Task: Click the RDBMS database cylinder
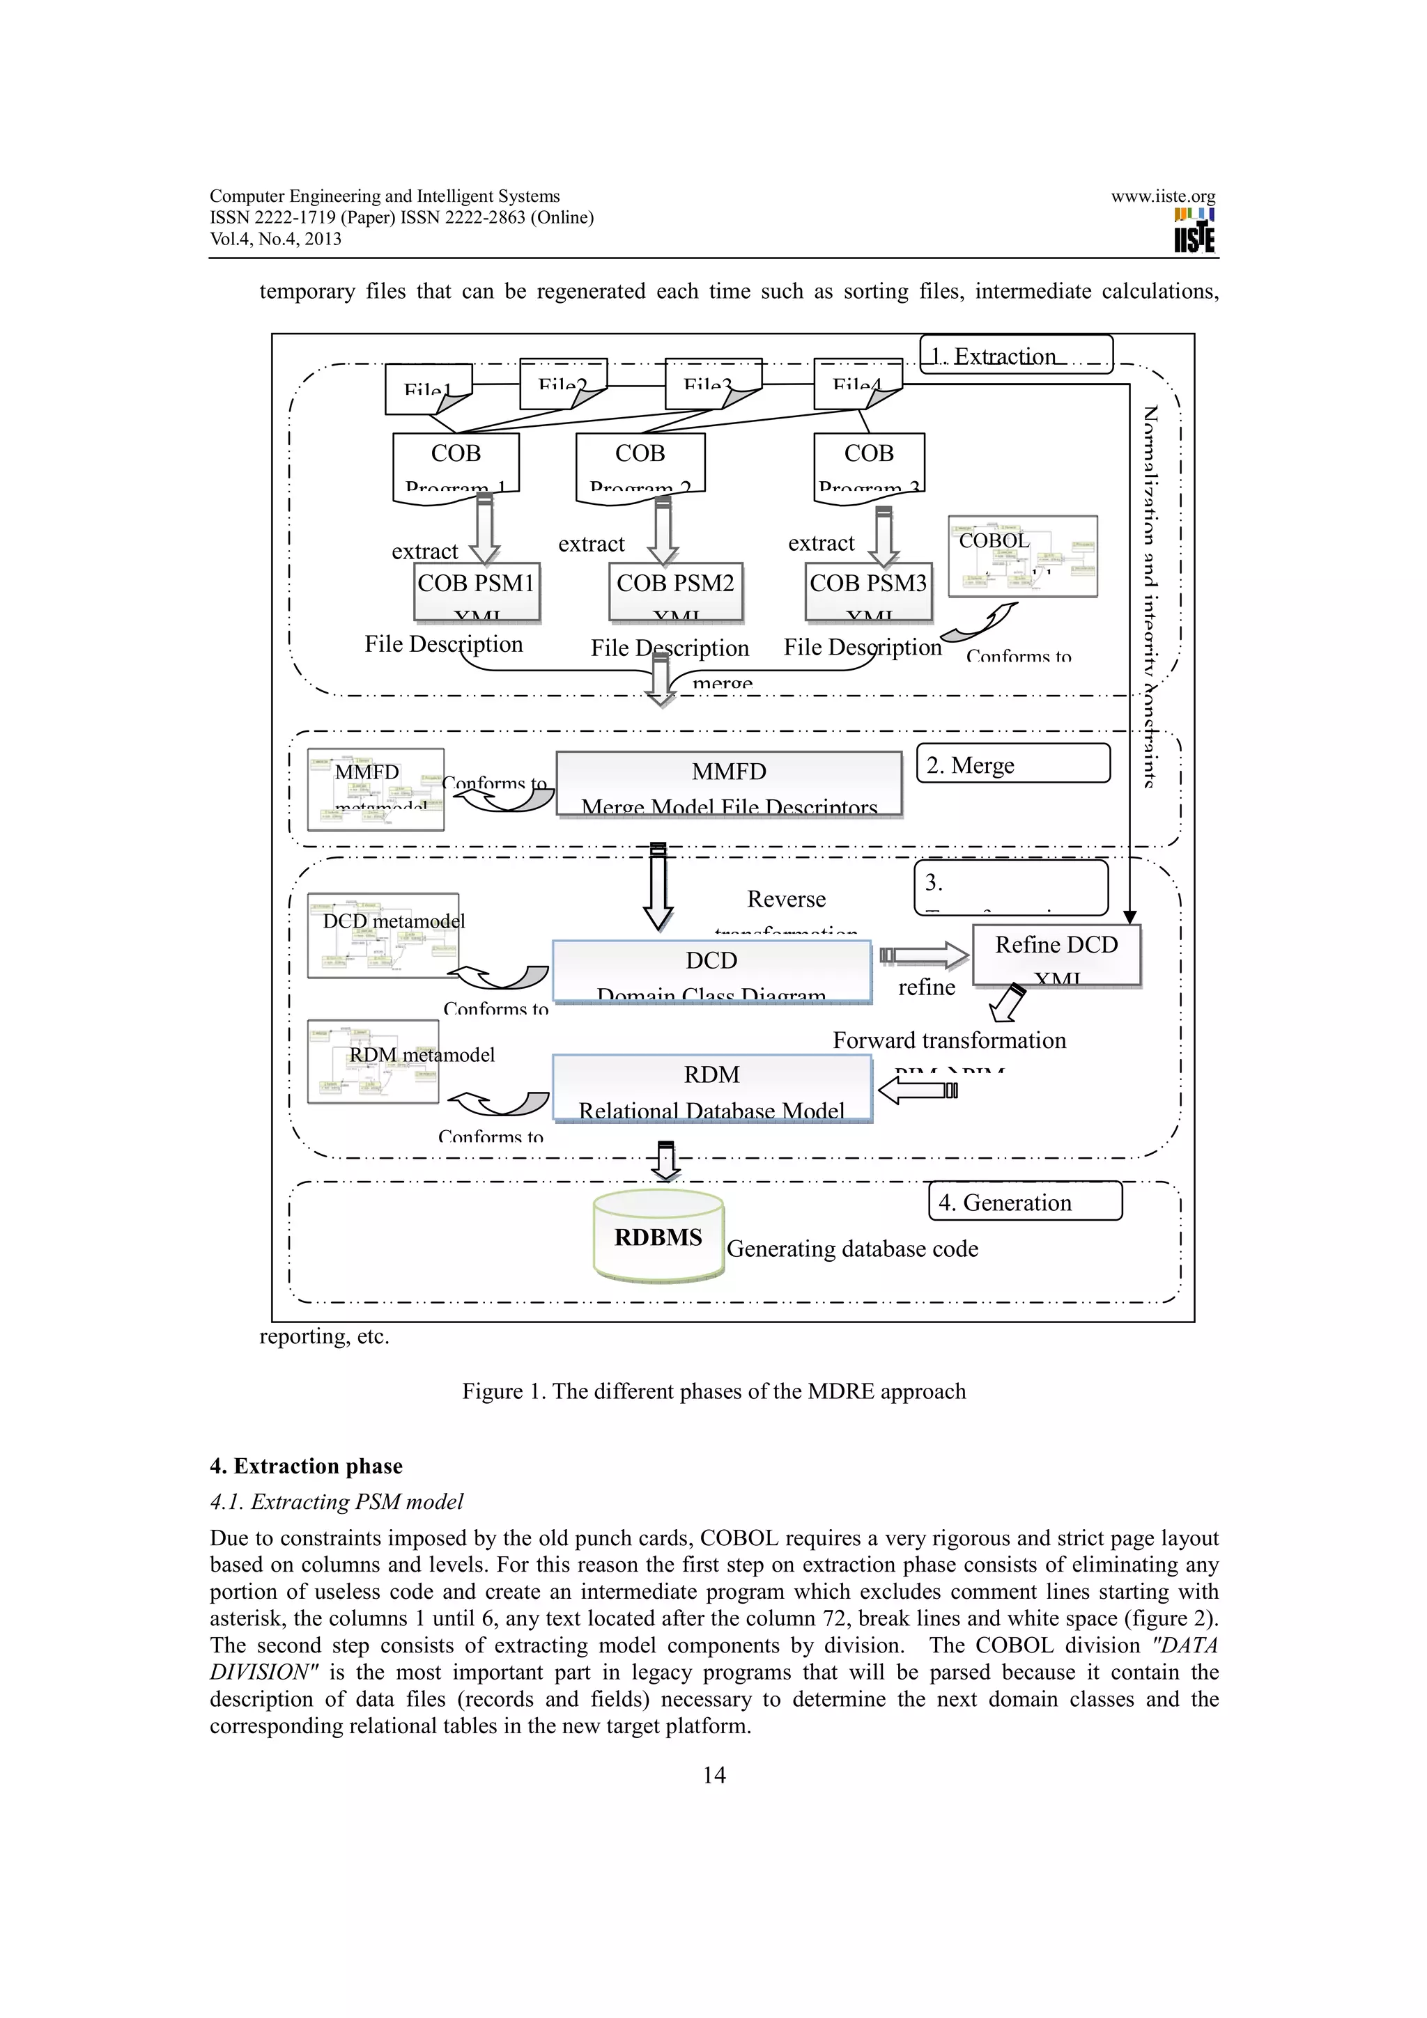(658, 1237)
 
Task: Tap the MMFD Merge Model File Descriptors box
(729, 785)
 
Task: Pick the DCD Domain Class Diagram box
(711, 972)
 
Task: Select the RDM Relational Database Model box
(711, 1089)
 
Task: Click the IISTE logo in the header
(1194, 230)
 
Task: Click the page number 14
(714, 1774)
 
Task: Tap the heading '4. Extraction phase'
(306, 1465)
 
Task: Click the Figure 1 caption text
(714, 1391)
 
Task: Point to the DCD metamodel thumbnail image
(383, 935)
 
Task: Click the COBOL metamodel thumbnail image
(1023, 556)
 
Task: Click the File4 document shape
(857, 384)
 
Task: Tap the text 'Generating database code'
(852, 1248)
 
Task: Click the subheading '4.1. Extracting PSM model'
(336, 1501)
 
